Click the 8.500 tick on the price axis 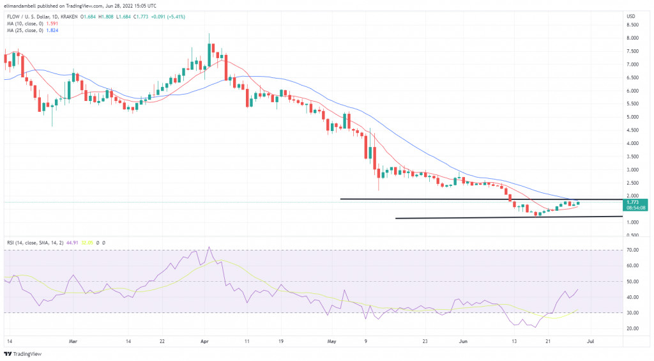tap(634, 25)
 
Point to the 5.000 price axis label tap(634, 117)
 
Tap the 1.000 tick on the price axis tap(634, 222)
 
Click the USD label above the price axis tap(631, 16)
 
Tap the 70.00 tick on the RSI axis tap(634, 250)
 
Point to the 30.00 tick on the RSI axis tap(634, 313)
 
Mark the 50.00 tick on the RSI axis tap(634, 282)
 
